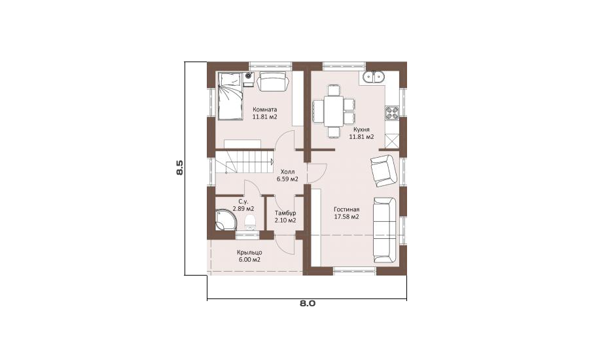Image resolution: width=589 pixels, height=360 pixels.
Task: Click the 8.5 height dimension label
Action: coord(179,168)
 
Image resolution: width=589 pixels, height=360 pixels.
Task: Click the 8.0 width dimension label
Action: coord(308,304)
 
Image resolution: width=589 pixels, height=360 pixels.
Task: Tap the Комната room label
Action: coord(265,109)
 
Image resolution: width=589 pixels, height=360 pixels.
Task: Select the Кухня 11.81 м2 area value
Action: coord(361,137)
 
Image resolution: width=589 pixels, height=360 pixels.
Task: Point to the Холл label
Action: coord(288,171)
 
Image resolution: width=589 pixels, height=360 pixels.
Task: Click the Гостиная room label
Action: coord(347,209)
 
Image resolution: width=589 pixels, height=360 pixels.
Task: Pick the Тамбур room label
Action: coord(285,213)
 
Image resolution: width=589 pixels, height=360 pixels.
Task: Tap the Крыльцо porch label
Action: coord(249,253)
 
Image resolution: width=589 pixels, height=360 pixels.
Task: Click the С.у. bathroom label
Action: coord(243,201)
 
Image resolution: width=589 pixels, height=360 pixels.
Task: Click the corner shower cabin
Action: coord(225,220)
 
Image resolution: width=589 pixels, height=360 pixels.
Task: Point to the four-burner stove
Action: coord(392,113)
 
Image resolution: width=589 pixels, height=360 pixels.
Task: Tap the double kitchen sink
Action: coord(374,78)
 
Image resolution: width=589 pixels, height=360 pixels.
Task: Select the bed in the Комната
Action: coord(230,96)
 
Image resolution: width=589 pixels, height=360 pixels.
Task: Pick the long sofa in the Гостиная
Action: coord(385,230)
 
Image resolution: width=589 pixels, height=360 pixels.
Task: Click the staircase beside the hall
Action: coord(244,162)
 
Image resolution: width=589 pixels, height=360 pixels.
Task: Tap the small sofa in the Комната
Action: coord(273,81)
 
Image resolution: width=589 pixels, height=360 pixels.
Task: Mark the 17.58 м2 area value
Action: coord(347,217)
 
